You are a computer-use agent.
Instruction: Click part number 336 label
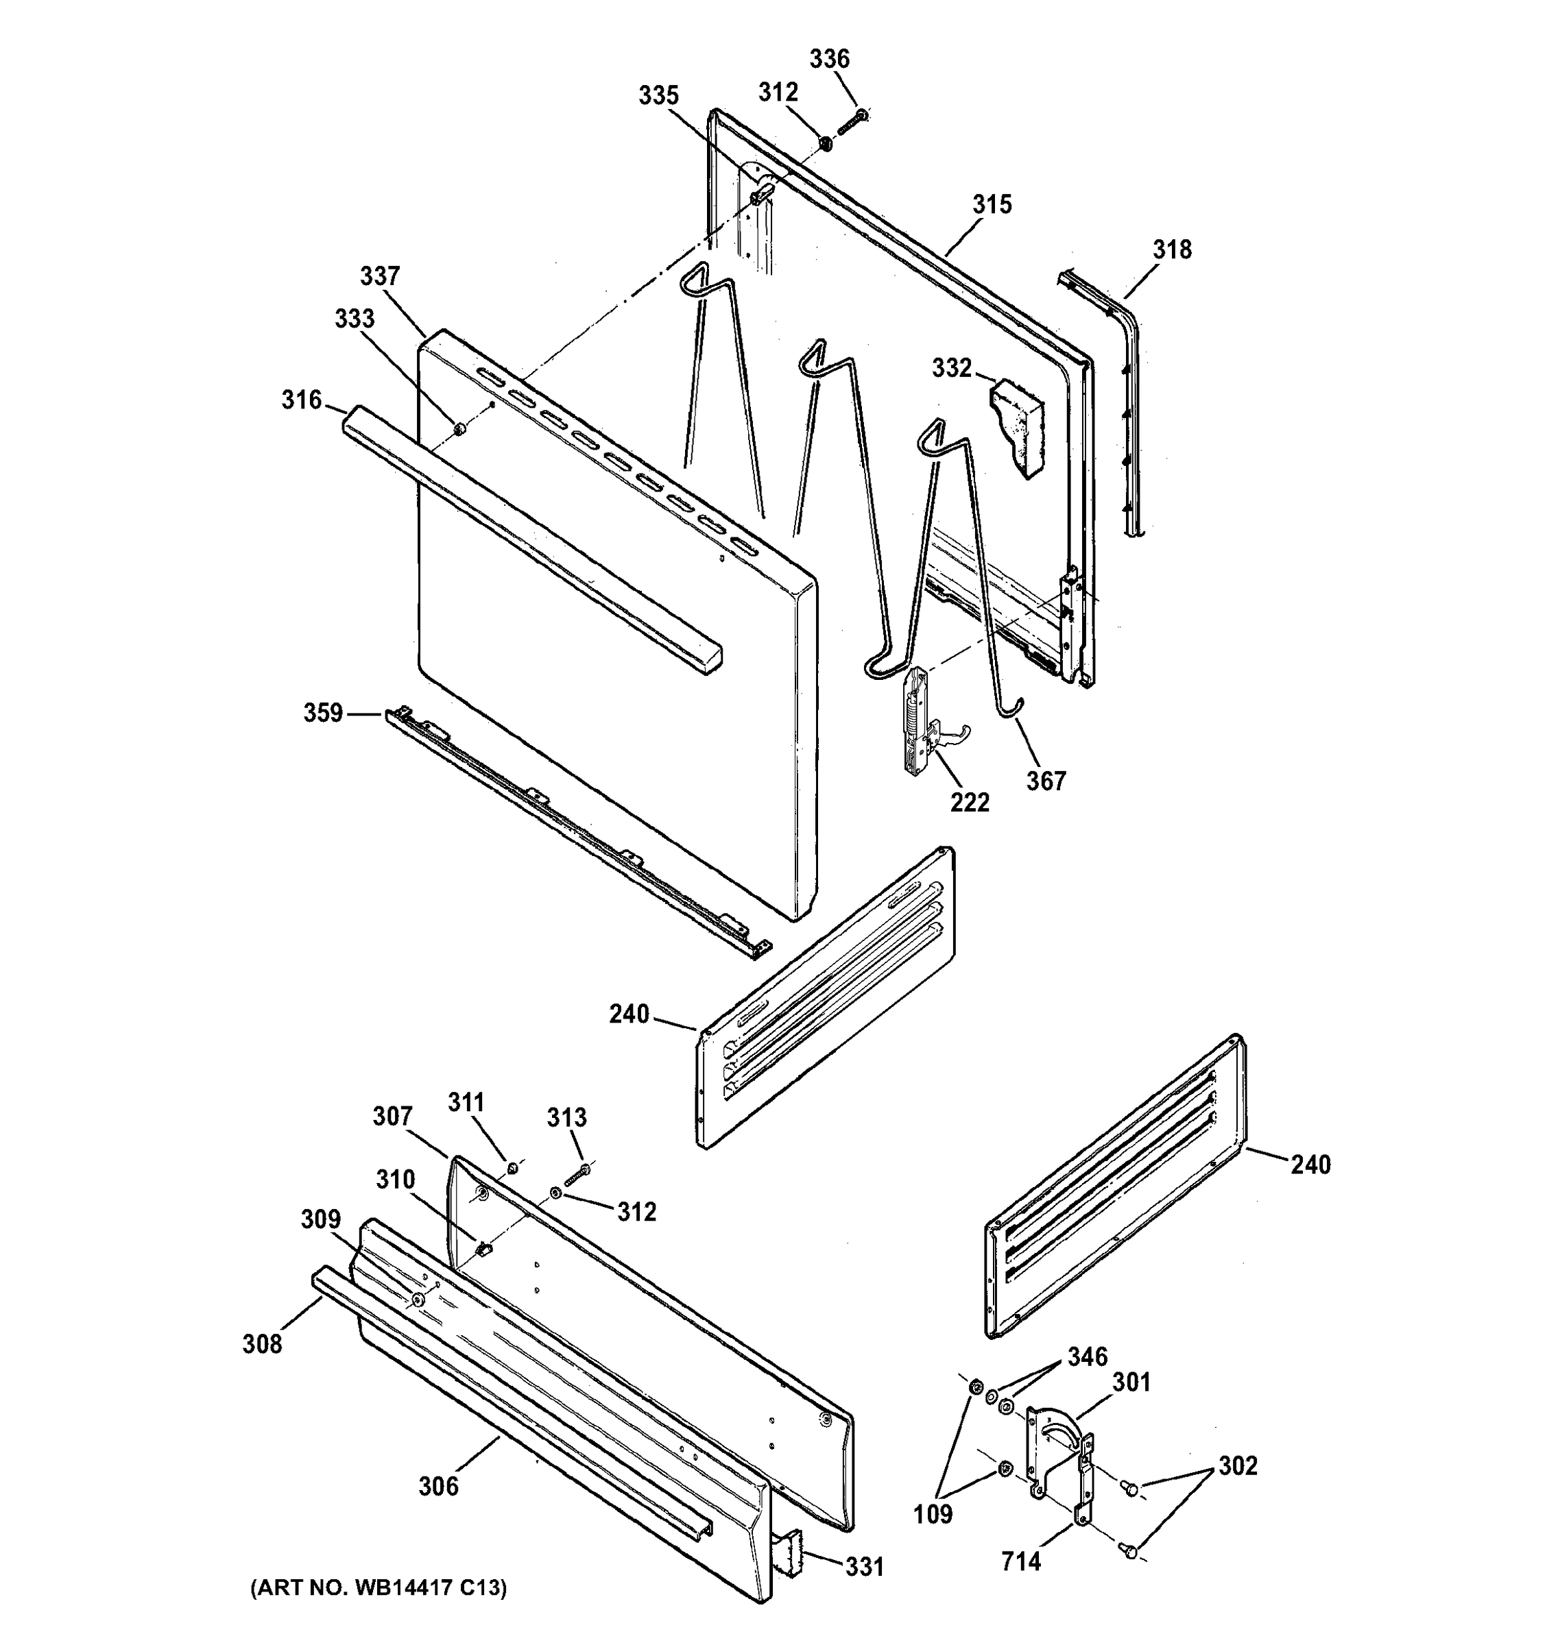coord(828,59)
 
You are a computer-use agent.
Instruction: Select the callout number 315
coord(992,204)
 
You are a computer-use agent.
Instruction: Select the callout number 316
coord(301,400)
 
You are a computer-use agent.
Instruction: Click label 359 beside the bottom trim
coord(323,712)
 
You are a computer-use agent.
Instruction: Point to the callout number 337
coord(380,276)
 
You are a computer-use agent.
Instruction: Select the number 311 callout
coord(466,1102)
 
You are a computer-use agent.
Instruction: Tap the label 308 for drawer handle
coord(263,1344)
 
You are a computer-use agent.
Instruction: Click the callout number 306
coord(438,1486)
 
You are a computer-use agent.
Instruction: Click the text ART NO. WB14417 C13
coord(379,1588)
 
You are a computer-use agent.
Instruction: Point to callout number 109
coord(933,1514)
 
